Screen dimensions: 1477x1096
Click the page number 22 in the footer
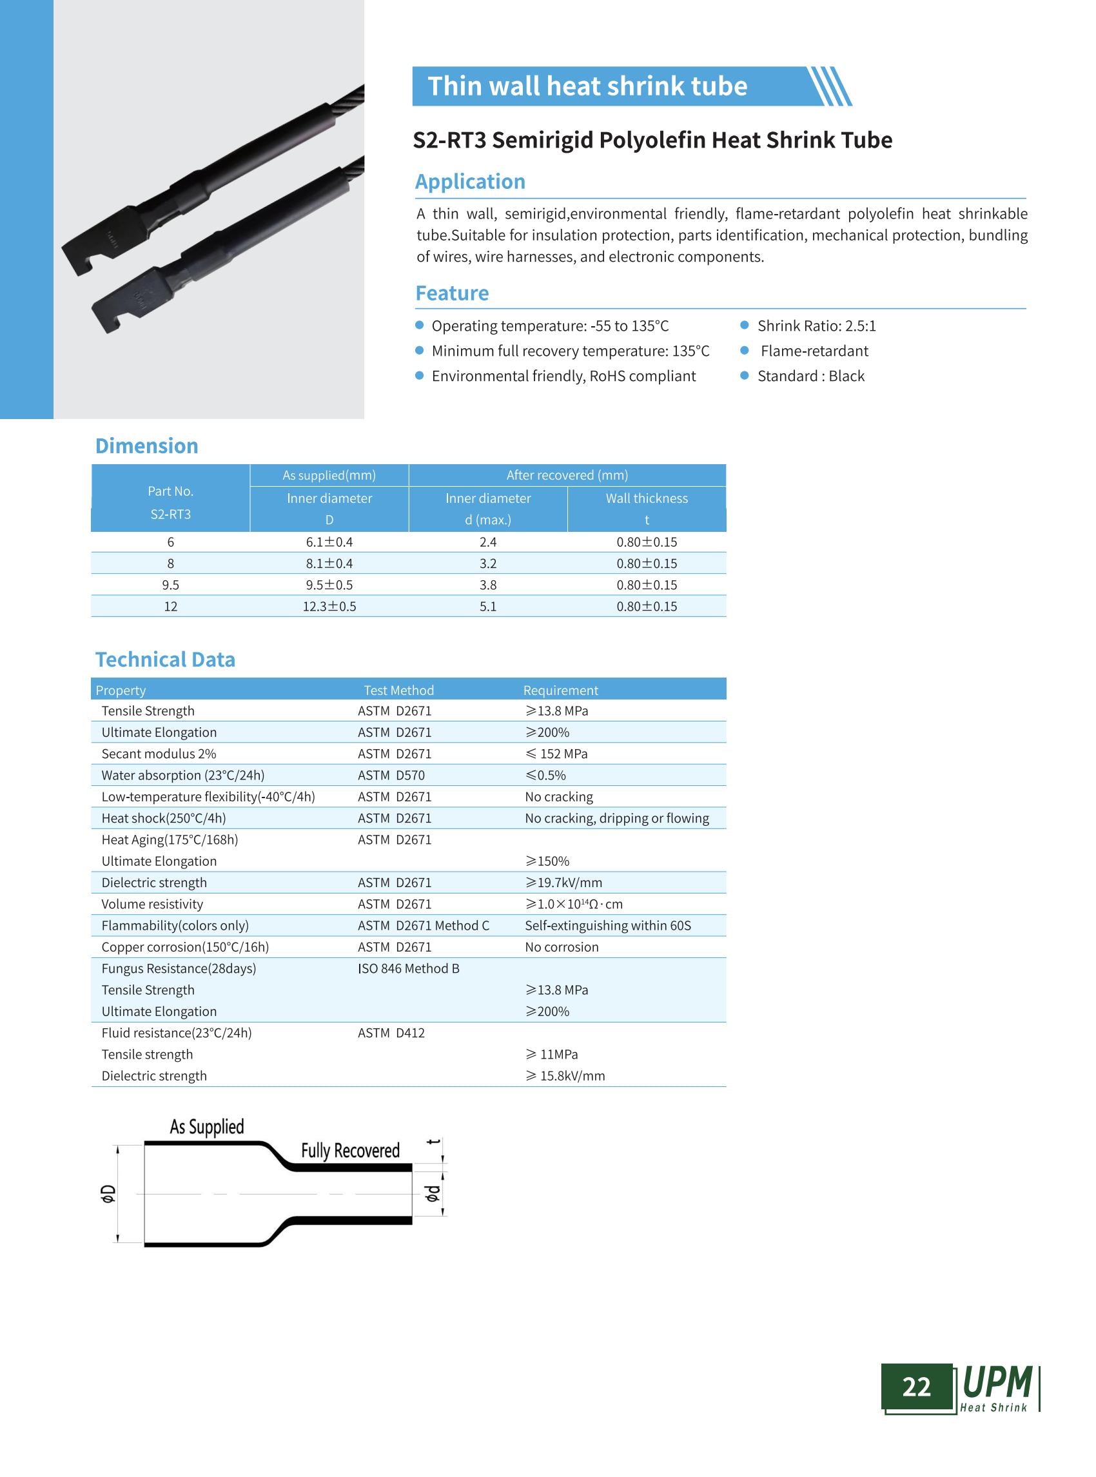[916, 1387]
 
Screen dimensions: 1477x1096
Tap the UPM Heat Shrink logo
[997, 1389]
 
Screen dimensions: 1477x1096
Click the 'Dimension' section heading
[146, 446]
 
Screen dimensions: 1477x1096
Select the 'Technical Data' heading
[165, 660]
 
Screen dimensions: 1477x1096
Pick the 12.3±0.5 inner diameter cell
[329, 607]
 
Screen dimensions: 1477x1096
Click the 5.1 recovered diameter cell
[487, 607]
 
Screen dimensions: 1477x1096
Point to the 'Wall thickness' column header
[646, 498]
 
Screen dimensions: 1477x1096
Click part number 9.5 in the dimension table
[170, 585]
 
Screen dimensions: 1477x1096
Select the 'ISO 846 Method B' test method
[409, 969]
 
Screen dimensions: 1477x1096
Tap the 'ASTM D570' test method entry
[391, 776]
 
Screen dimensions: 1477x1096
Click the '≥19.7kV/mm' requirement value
[564, 883]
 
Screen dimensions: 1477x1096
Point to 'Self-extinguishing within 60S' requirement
[608, 926]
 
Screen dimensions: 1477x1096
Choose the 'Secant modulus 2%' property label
[159, 754]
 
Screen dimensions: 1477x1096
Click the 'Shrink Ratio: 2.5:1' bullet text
[817, 326]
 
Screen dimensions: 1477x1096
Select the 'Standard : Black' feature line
[811, 377]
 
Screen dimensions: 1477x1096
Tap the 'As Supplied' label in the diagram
[207, 1128]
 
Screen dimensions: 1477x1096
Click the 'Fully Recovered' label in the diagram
[350, 1151]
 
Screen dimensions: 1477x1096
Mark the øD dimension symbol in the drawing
[108, 1194]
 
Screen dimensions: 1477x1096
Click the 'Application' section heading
[471, 182]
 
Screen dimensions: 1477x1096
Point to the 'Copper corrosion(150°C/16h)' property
[185, 948]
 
